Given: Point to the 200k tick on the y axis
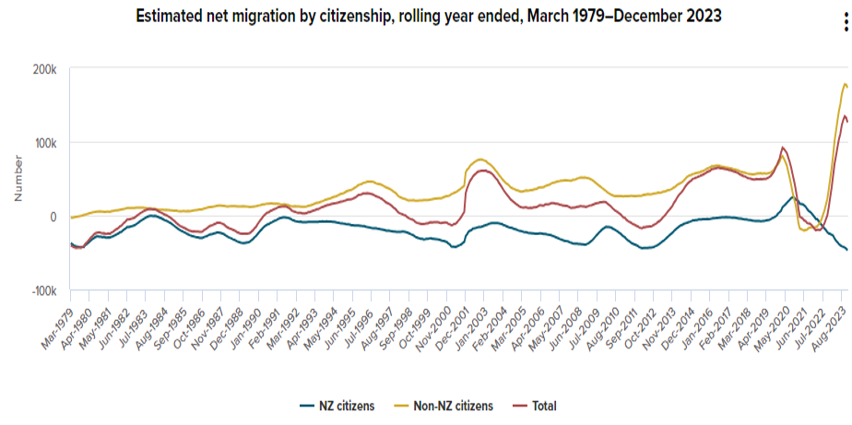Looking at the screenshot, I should (45, 69).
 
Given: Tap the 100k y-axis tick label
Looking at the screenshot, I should (45, 143).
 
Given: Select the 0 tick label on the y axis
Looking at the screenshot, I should (54, 217).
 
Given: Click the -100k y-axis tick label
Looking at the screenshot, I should (43, 290).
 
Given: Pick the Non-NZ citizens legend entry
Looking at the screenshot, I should (447, 406).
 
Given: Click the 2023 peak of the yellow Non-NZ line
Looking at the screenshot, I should (846, 85).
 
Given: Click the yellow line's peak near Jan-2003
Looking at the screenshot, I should (481, 134).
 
